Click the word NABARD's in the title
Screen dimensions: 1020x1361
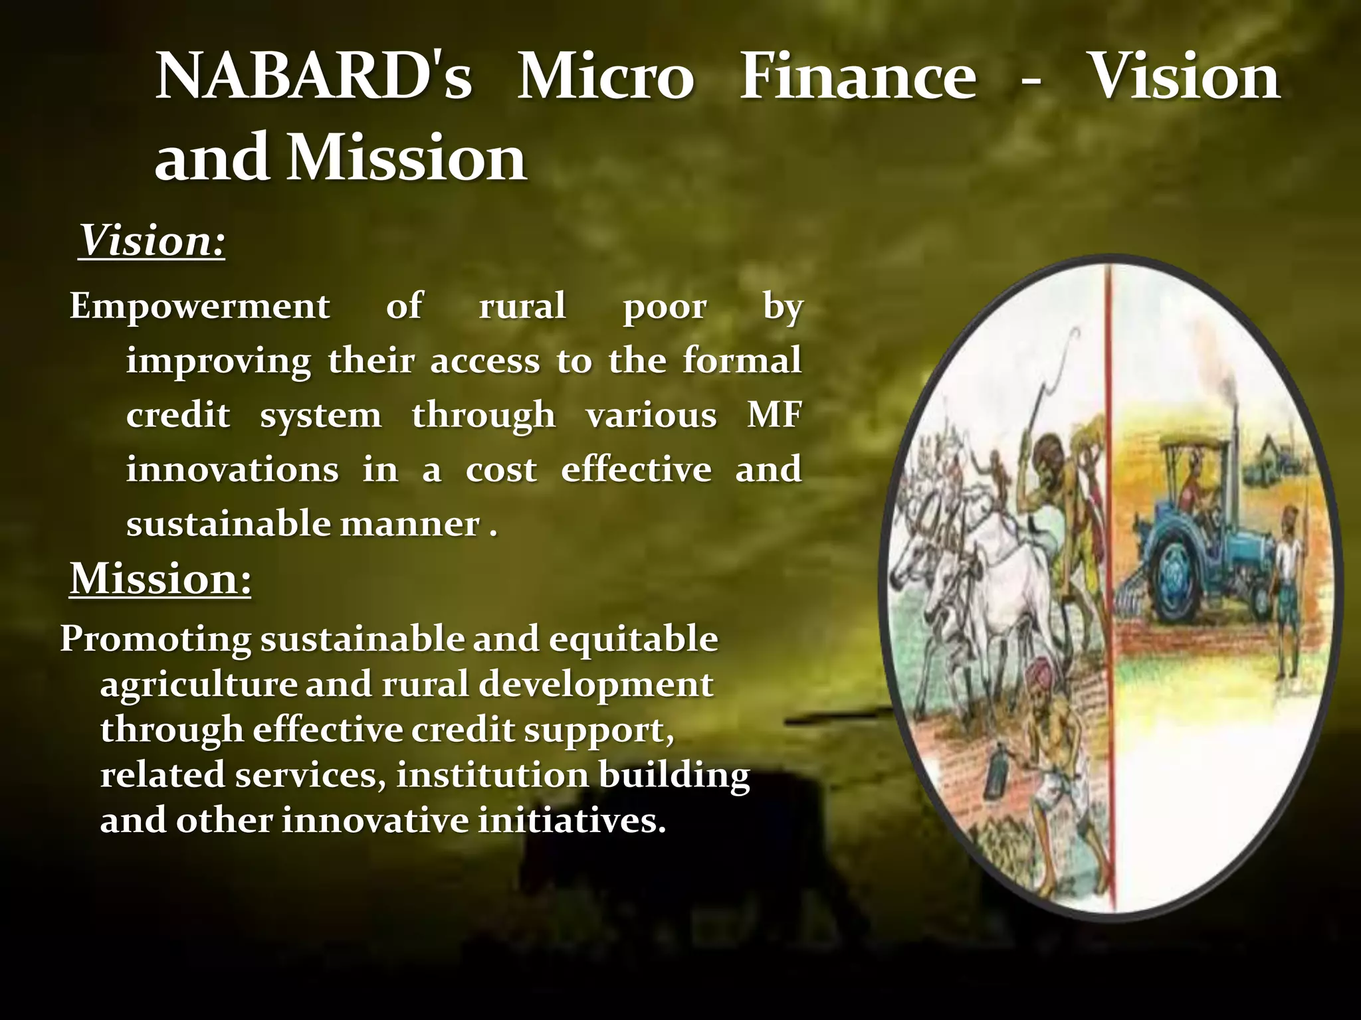[x=313, y=78]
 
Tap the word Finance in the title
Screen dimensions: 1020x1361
[x=857, y=78]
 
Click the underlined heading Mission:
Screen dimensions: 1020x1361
[x=160, y=578]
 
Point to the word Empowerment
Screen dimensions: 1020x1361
[x=199, y=307]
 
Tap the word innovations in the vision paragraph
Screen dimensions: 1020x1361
[x=232, y=469]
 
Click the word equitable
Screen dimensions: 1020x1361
[x=633, y=639]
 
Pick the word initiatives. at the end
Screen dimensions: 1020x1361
[x=572, y=821]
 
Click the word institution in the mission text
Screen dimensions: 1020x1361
[x=492, y=776]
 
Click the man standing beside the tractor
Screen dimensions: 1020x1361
[x=1288, y=584]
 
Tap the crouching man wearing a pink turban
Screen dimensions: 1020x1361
[x=1051, y=744]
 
